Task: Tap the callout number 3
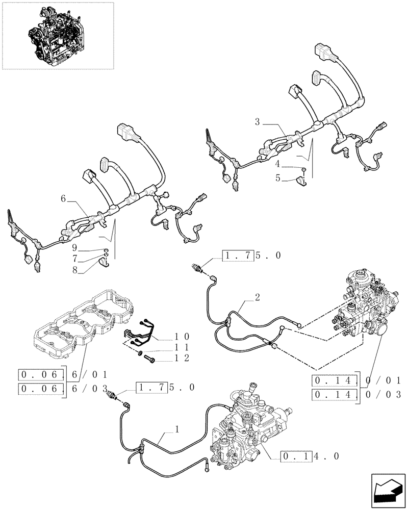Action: tap(258, 122)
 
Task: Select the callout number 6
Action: tap(63, 199)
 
